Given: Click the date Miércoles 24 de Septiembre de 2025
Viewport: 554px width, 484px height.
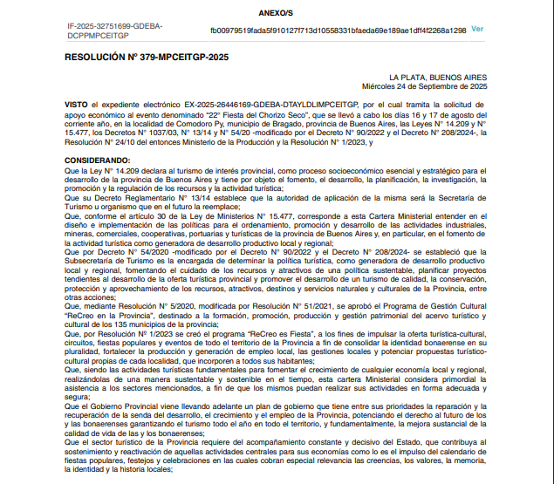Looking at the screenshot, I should [x=427, y=86].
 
